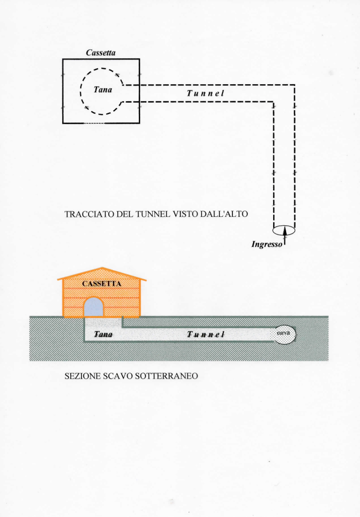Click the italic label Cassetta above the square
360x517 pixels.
coord(101,53)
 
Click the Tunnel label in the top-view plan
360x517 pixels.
coord(205,93)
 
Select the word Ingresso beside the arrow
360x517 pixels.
coord(266,245)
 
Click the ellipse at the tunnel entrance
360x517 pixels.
coord(284,229)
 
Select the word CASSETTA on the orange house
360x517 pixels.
coord(102,284)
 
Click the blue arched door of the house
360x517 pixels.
coord(94,307)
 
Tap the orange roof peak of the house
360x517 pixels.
coord(102,269)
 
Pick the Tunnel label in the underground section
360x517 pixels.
coord(205,335)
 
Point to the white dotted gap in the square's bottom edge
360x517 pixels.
coord(95,123)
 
